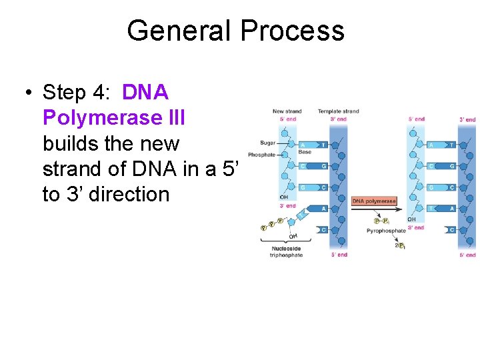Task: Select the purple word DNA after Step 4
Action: [146, 92]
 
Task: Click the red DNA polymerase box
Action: [373, 201]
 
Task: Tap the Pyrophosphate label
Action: [385, 231]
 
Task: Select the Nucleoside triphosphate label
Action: [286, 252]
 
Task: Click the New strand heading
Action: [287, 111]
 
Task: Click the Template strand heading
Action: [338, 111]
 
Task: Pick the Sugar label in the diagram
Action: [267, 143]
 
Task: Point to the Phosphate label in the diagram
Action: [261, 155]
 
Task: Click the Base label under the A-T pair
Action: [305, 153]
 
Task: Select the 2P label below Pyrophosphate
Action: [399, 245]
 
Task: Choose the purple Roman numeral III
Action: [174, 118]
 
